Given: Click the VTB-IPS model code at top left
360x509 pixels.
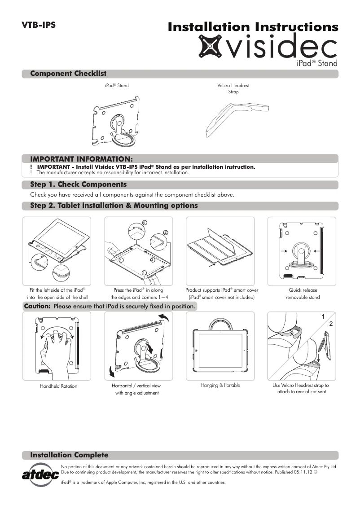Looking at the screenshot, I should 39,25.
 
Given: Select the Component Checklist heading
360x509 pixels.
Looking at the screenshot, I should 68,74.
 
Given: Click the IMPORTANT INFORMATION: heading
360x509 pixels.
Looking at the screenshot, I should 81,159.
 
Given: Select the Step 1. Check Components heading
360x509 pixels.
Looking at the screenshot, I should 78,184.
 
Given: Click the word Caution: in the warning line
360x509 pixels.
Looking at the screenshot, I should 38,307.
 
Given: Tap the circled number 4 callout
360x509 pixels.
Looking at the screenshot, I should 144,223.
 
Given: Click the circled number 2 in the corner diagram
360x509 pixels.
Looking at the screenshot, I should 165,233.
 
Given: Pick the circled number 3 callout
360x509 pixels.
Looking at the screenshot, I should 152,260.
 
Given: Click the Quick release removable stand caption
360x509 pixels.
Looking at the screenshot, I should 303,294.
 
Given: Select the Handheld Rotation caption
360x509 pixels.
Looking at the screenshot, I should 58,386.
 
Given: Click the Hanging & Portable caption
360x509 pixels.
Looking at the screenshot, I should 220,385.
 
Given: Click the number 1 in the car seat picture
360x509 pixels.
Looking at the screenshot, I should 323,317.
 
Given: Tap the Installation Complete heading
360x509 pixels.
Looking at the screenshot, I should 69,455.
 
